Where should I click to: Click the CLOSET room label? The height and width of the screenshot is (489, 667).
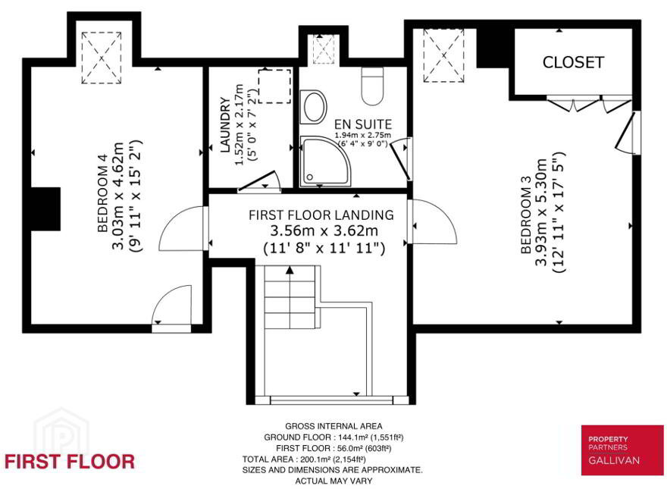(x=573, y=63)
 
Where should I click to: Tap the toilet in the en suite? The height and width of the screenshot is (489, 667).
(x=373, y=86)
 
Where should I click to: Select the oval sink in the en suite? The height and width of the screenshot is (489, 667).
(x=314, y=106)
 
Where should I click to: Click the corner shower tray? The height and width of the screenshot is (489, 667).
(x=325, y=161)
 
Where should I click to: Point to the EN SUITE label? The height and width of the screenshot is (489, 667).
(x=363, y=124)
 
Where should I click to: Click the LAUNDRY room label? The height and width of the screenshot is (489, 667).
(x=225, y=124)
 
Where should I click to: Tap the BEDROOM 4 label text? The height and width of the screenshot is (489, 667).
(x=103, y=199)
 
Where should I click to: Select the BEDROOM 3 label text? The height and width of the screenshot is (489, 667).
(x=527, y=221)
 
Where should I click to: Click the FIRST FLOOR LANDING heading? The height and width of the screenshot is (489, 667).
(x=321, y=215)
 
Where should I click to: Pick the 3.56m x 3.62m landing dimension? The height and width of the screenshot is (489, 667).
(x=324, y=230)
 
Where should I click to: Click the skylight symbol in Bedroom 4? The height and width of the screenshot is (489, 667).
(x=102, y=58)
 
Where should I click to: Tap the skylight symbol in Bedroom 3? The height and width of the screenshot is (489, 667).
(x=443, y=55)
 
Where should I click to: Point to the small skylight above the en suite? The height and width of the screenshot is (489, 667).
(x=324, y=49)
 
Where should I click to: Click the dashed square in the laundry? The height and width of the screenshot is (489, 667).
(x=275, y=86)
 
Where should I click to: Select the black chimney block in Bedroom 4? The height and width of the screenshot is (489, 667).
(x=45, y=209)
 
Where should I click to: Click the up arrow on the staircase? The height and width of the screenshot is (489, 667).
(x=290, y=270)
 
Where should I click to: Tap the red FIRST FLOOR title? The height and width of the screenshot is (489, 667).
(x=69, y=462)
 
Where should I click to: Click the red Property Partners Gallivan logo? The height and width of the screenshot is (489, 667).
(x=622, y=450)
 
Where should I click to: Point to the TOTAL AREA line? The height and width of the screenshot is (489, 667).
(x=304, y=459)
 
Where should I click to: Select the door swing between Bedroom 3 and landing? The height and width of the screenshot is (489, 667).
(x=434, y=221)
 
